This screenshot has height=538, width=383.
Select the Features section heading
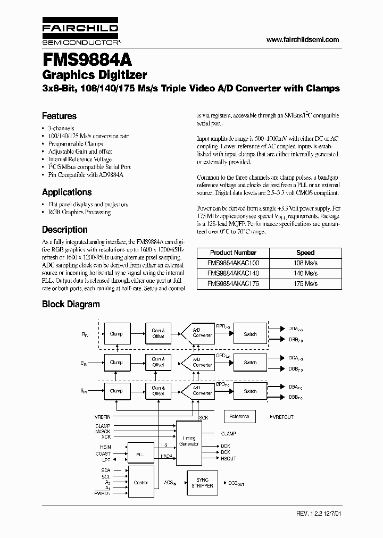[59, 116]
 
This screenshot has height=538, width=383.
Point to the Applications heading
[66, 192]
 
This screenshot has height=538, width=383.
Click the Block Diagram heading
[71, 304]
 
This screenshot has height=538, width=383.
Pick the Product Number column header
[233, 253]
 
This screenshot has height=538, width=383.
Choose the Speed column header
[305, 253]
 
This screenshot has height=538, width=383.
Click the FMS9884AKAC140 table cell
[233, 273]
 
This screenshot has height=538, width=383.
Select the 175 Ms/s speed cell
[305, 283]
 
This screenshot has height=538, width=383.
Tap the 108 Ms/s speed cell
[305, 263]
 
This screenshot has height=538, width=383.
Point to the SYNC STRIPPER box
[202, 483]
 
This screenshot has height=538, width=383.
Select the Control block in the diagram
[140, 483]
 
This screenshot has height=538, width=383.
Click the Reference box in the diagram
[239, 417]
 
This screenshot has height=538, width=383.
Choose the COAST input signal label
[102, 453]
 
